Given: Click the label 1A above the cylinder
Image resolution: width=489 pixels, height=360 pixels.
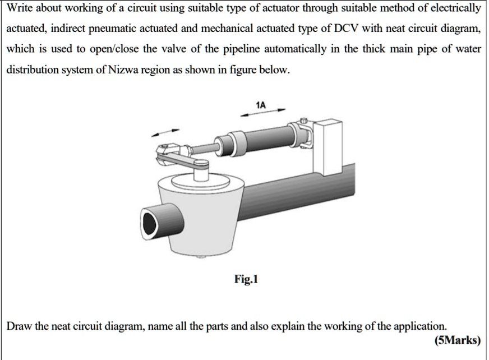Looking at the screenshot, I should point(261,105).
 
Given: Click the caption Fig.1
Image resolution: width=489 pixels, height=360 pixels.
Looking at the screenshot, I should point(246,279).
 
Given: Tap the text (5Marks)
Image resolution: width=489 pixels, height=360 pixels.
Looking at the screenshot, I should point(458,340).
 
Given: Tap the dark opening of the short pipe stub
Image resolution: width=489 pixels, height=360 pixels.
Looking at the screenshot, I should point(150,224).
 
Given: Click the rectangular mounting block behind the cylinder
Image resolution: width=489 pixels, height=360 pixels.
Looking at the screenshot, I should point(327,148).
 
